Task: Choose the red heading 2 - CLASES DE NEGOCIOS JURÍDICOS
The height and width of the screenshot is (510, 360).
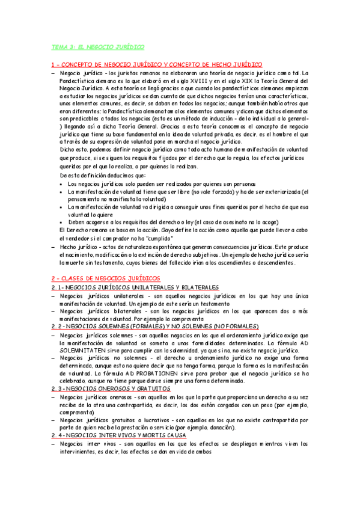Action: pos(106,278)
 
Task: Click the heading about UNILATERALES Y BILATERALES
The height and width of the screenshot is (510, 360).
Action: pos(135,287)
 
